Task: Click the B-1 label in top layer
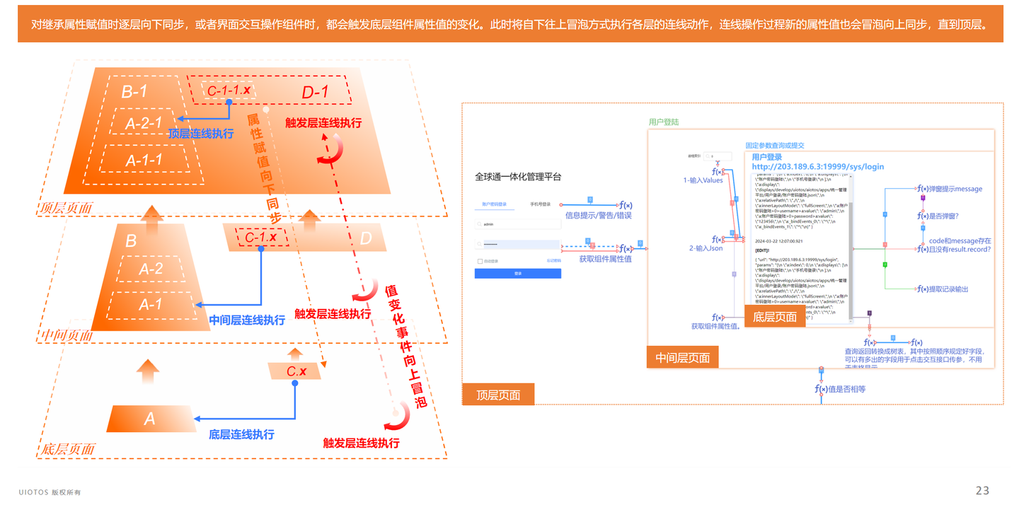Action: [134, 91]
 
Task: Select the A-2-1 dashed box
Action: [144, 123]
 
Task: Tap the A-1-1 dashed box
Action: [144, 160]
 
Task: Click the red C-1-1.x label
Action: [229, 91]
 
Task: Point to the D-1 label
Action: [315, 92]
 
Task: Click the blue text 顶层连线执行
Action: [201, 133]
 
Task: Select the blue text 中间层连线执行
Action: [247, 320]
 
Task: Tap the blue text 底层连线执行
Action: [241, 434]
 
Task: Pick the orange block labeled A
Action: [150, 419]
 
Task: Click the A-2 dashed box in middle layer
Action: [151, 269]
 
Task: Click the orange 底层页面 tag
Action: [774, 317]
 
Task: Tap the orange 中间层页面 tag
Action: [682, 357]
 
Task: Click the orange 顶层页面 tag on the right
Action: [497, 395]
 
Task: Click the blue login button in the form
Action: [518, 273]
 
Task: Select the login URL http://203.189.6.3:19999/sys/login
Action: [817, 167]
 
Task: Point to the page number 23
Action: [982, 491]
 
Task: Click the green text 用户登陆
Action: [663, 122]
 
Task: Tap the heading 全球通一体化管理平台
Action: [518, 177]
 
